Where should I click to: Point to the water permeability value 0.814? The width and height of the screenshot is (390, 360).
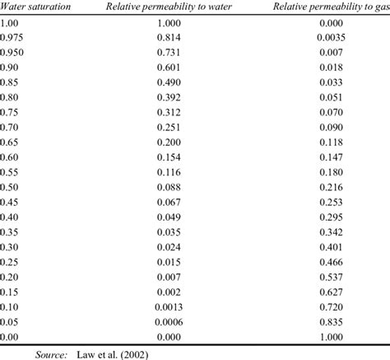(x=169, y=37)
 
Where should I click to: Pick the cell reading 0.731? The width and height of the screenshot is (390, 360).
(x=169, y=52)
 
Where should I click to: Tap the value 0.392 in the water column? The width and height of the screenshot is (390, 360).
(x=169, y=96)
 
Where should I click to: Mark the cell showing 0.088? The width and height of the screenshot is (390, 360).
(x=169, y=185)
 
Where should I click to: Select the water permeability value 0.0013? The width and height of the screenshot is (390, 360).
(x=169, y=304)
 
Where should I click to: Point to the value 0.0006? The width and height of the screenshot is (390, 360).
(x=169, y=319)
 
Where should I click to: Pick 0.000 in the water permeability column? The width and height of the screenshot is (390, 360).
(x=169, y=334)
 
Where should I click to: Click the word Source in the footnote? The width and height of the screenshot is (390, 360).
(x=51, y=353)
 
